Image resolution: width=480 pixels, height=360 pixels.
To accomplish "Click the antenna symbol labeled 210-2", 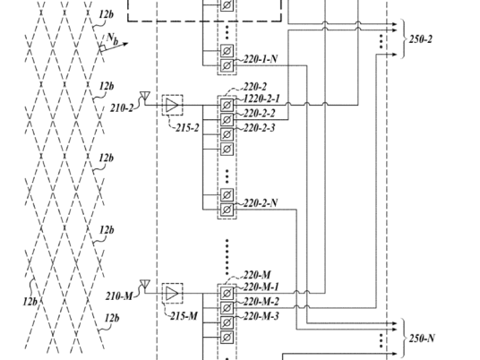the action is pos(145,96).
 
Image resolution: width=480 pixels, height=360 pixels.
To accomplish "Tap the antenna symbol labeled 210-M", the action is pos(145,284).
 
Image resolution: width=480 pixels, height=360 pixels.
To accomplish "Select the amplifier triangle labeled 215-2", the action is pos(172,105).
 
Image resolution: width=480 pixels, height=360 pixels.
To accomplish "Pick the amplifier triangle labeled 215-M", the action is pos(172,293).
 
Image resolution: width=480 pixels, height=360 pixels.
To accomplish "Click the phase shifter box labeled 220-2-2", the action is pos(227,119).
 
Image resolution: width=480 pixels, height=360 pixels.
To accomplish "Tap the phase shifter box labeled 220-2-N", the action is pos(227,210).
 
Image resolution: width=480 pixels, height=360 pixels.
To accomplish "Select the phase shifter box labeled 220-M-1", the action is pos(227,293).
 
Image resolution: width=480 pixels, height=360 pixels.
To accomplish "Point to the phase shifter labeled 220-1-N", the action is pos(227,65).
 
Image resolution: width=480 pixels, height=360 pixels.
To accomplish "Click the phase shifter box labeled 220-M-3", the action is pos(227,322).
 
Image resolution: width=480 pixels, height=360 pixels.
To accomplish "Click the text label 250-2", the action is pos(421,39).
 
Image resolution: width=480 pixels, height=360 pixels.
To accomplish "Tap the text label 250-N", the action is pos(422,339).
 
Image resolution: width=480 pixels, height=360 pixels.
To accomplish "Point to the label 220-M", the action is pos(257,275).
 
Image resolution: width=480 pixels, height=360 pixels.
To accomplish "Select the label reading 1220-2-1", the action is pos(261,99).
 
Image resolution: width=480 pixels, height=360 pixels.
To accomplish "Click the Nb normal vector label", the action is pos(112,39).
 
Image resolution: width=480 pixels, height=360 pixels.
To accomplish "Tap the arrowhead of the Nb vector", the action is pos(125,44).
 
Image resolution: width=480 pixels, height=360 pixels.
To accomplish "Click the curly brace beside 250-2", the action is pos(403,39).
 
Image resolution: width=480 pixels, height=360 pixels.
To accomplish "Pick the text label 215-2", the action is pos(187,128).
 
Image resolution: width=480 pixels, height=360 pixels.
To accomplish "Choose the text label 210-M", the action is pos(119,296).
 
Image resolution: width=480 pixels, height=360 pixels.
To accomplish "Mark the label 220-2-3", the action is pos(260,128).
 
